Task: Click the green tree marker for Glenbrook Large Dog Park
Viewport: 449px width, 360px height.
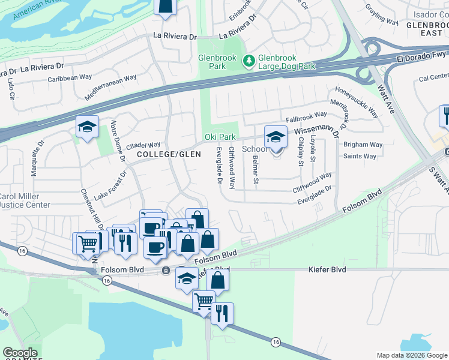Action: point(248,61)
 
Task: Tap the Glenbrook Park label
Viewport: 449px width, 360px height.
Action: point(212,62)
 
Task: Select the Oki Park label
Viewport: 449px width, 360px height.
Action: point(220,137)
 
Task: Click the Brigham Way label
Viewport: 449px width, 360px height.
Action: point(363,145)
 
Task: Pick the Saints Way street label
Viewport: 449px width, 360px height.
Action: point(360,156)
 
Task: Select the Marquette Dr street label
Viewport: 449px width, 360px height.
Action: point(37,158)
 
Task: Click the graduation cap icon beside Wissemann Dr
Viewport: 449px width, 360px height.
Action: point(276,137)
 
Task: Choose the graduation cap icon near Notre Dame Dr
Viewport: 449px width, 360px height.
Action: point(87,127)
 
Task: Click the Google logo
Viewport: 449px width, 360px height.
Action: point(20,353)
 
